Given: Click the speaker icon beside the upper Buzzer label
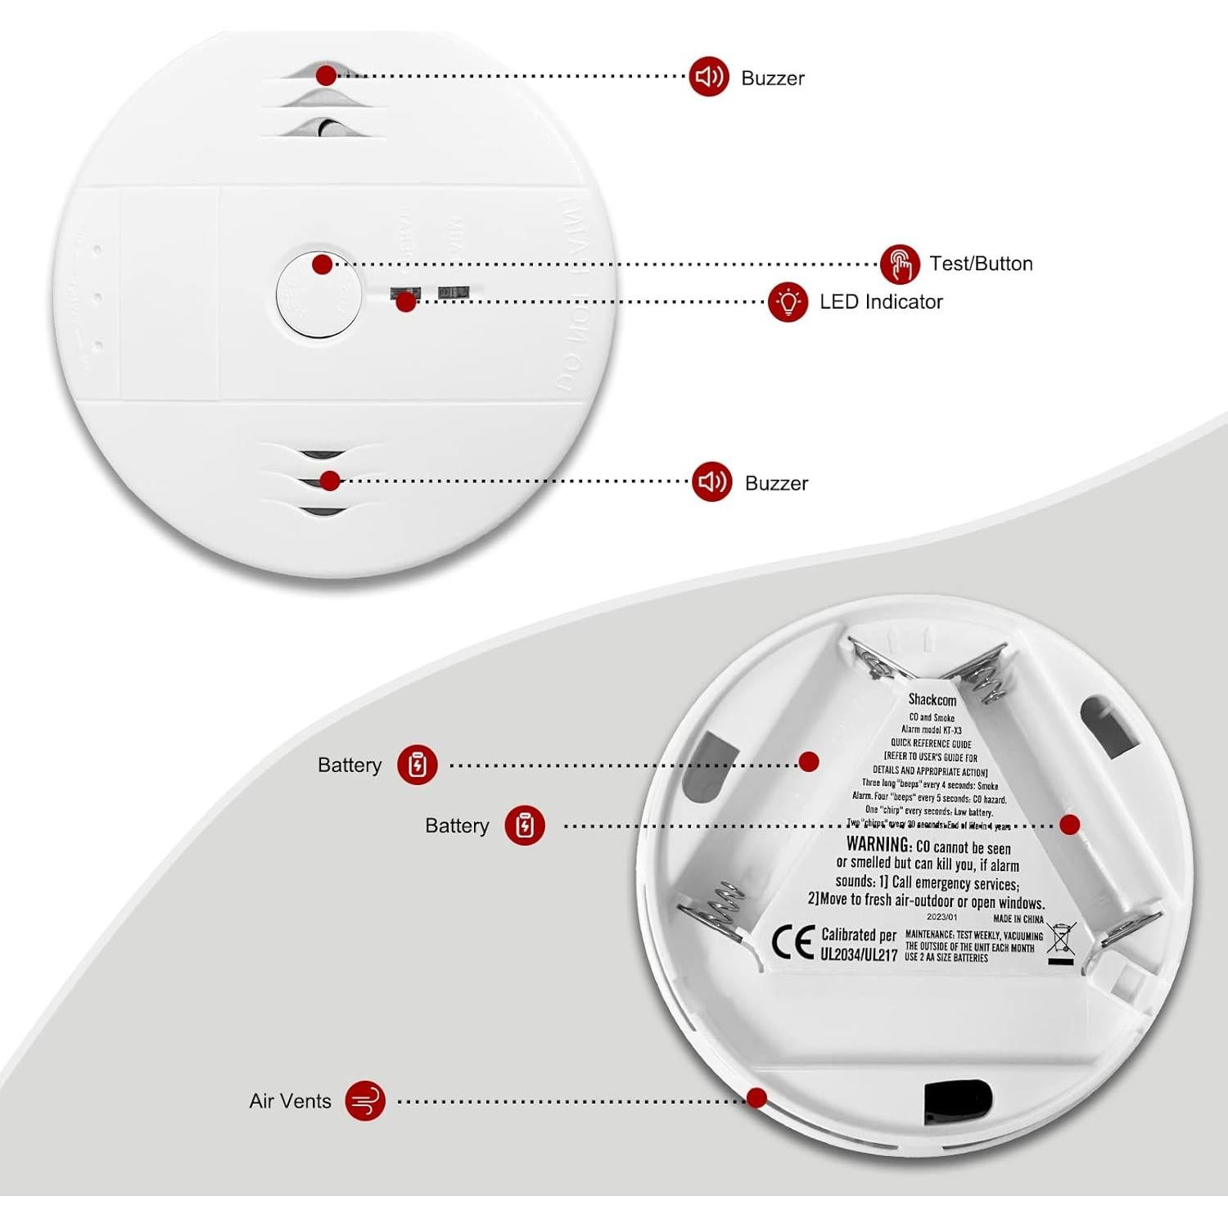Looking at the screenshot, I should (708, 77).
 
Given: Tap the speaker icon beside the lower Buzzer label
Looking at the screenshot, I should (711, 481).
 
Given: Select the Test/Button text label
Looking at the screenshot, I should (981, 264).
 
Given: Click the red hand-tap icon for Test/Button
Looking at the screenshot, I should (901, 264).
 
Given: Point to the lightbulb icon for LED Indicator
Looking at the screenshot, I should (788, 302).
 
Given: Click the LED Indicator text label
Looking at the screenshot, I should (881, 302).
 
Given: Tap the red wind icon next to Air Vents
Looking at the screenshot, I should (365, 1100).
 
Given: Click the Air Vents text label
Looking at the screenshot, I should (290, 1101).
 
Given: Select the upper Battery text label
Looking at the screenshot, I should (350, 765).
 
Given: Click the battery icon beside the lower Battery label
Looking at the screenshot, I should (525, 825).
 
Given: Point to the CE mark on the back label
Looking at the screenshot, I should (792, 944).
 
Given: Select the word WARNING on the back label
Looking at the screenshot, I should (878, 844).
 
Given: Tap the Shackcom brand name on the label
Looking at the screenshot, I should (932, 699).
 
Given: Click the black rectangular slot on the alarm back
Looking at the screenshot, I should (957, 1101).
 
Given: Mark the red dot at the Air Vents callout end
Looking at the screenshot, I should (757, 1098).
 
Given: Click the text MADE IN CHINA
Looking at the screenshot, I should (1018, 919).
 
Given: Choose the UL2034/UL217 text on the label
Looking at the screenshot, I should (859, 955).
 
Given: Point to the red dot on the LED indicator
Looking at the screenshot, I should (405, 302).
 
